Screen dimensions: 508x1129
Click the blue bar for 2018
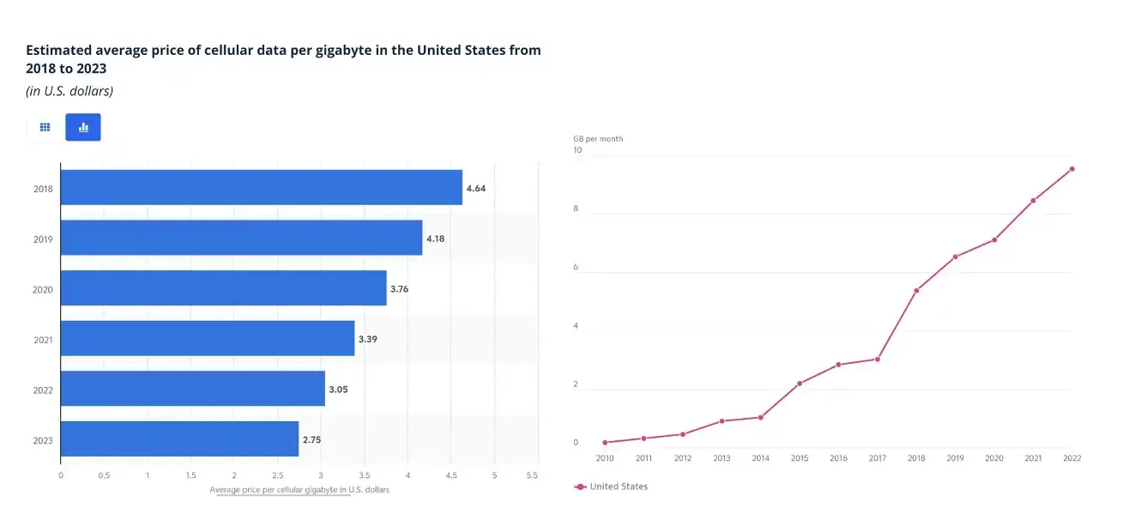(x=261, y=187)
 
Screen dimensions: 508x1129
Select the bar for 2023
(x=179, y=438)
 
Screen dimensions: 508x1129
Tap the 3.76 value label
(x=399, y=289)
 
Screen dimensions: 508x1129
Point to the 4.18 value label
(x=435, y=239)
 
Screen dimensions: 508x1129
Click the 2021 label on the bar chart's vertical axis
(x=44, y=340)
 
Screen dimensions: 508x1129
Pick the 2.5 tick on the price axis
(x=277, y=474)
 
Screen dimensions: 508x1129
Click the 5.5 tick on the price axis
(x=532, y=474)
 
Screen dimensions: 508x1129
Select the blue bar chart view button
(x=83, y=127)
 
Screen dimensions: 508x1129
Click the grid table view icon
(x=45, y=127)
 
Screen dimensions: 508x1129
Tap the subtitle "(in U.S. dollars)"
(x=69, y=91)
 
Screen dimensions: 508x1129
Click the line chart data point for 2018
(x=916, y=291)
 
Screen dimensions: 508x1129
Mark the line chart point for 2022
(x=1072, y=169)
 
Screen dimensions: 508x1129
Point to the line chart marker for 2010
(x=605, y=443)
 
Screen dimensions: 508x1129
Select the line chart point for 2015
(x=800, y=384)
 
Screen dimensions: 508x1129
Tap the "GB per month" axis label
(x=598, y=139)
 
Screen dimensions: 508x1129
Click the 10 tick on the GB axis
(x=577, y=150)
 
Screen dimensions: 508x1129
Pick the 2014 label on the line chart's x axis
(x=760, y=458)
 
